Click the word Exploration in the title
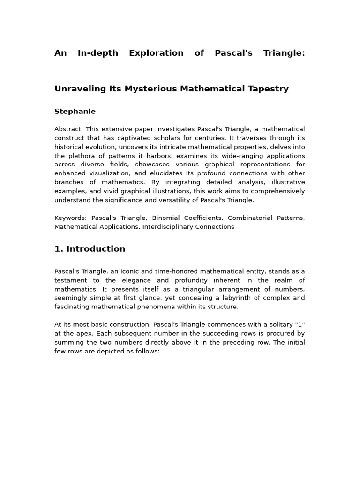click(x=156, y=53)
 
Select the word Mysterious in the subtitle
click(x=150, y=89)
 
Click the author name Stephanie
click(x=75, y=112)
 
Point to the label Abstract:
click(x=68, y=129)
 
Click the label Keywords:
click(x=70, y=218)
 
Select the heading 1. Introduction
click(x=90, y=249)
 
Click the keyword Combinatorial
click(x=249, y=218)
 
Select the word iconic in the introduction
click(x=127, y=271)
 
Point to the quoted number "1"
click(x=300, y=325)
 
